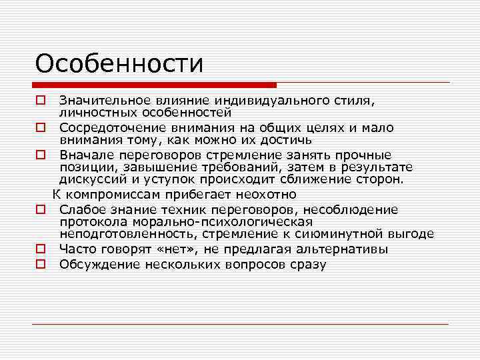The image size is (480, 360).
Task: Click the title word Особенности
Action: (x=119, y=64)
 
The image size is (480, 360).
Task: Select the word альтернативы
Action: (x=347, y=249)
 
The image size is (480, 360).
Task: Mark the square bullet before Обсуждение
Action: (x=41, y=265)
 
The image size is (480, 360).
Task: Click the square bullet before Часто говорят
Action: (x=41, y=249)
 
